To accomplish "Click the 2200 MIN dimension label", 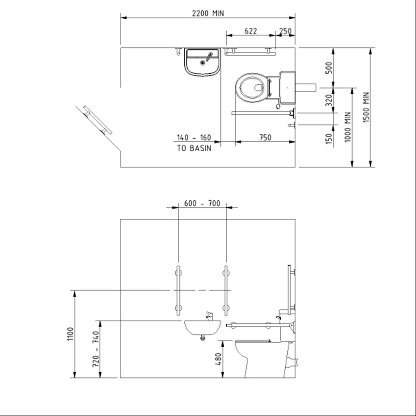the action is click(x=208, y=14).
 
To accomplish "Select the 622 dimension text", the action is click(x=251, y=31).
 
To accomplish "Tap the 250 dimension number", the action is click(x=285, y=31).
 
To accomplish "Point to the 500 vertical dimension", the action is click(x=329, y=68).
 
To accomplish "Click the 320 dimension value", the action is click(x=329, y=100).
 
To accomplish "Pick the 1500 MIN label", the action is click(x=366, y=107).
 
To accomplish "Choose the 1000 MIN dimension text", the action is click(x=348, y=127).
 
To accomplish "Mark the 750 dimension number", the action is click(x=265, y=138).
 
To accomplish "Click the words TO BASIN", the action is click(x=194, y=148).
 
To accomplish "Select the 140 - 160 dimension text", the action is click(x=194, y=138).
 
